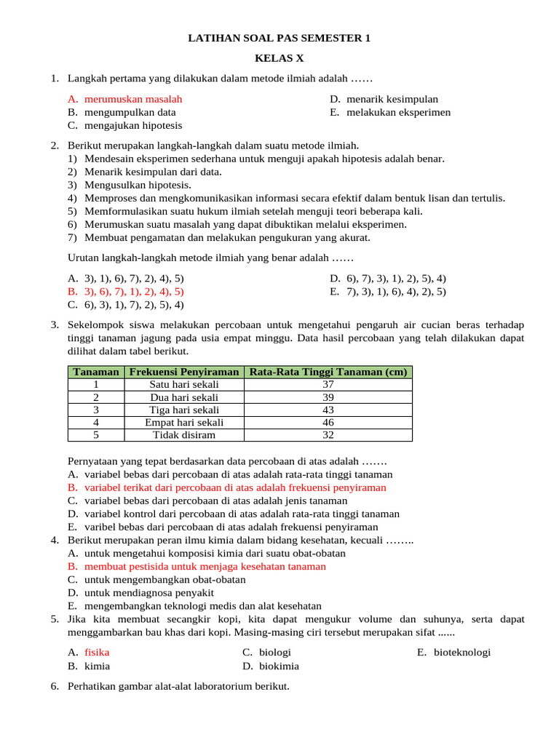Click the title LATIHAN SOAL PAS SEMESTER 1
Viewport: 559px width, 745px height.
(x=279, y=38)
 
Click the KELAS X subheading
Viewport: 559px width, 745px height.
(x=279, y=58)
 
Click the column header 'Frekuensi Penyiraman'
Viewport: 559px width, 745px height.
(x=184, y=372)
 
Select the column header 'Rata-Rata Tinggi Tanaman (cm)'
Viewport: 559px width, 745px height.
(x=328, y=372)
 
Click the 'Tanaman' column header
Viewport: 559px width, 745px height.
(x=96, y=372)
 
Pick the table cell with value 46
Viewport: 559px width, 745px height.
(x=328, y=422)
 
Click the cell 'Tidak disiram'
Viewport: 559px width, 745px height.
(x=184, y=435)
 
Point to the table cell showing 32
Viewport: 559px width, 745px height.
(x=328, y=435)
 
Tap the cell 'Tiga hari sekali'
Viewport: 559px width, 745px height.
(x=184, y=410)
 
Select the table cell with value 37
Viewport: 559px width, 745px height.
(x=328, y=384)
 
